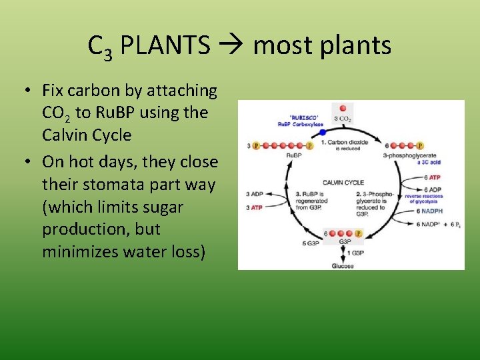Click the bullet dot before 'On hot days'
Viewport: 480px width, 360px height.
pyautogui.click(x=27, y=162)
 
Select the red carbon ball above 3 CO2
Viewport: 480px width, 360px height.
pyautogui.click(x=343, y=108)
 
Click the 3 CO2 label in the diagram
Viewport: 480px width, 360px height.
pyautogui.click(x=343, y=119)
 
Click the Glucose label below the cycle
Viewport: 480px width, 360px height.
pyautogui.click(x=343, y=265)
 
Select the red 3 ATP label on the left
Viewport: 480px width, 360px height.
pyautogui.click(x=255, y=208)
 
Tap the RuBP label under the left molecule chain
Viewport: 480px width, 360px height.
pyautogui.click(x=295, y=155)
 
